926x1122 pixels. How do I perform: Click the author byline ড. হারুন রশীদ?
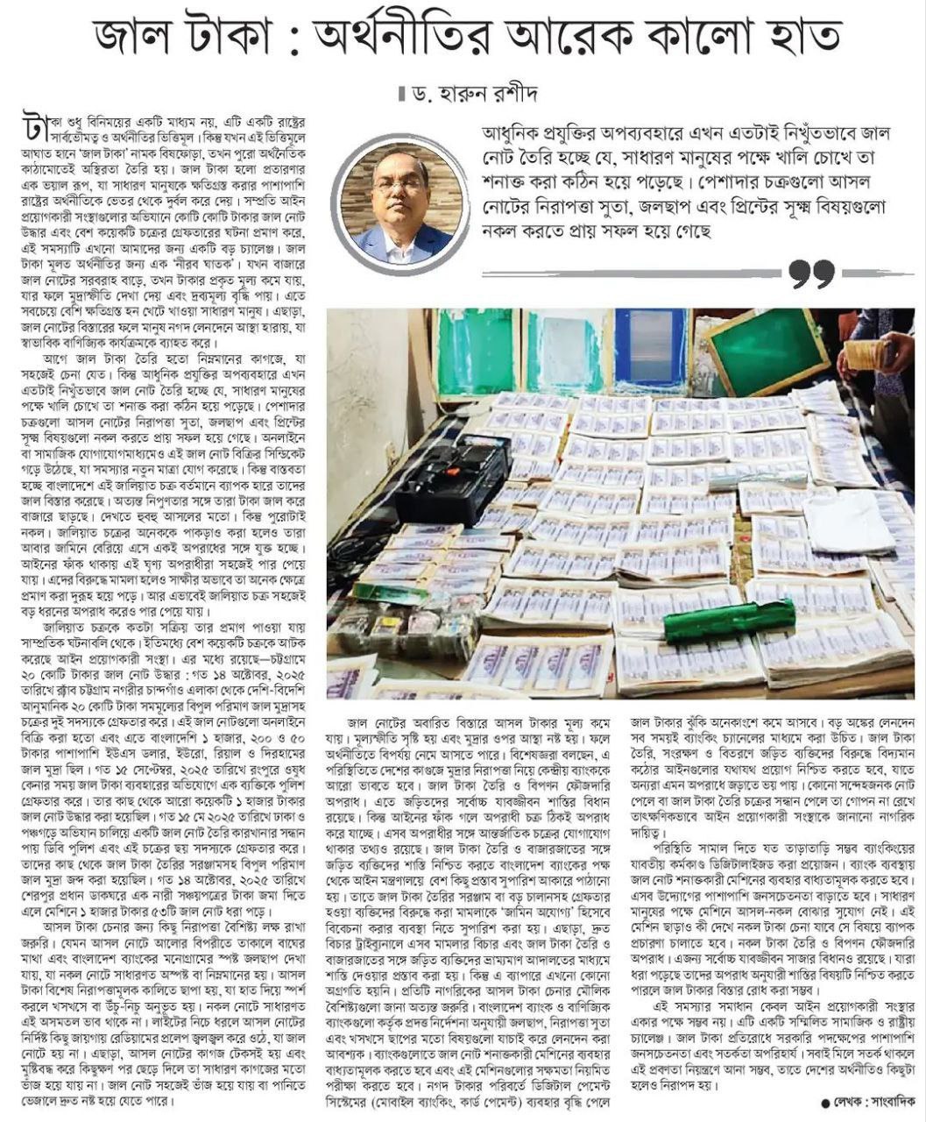click(464, 93)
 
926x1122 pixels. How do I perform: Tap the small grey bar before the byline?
click(402, 93)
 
